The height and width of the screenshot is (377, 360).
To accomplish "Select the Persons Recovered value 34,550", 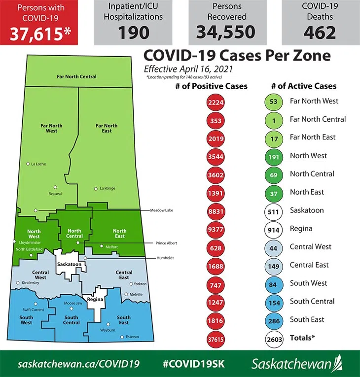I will pyautogui.click(x=226, y=32).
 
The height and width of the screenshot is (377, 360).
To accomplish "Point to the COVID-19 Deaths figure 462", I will pyautogui.click(x=320, y=32).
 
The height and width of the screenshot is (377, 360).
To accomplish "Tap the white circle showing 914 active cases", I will pyautogui.click(x=273, y=230).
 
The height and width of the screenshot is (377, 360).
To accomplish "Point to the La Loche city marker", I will pyautogui.click(x=28, y=164).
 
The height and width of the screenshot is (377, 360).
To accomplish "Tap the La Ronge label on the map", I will pyautogui.click(x=108, y=188).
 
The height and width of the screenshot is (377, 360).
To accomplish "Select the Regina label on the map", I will pyautogui.click(x=94, y=299).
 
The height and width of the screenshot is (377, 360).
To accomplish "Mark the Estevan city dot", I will pyautogui.click(x=122, y=337).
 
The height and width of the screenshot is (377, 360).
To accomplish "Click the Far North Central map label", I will pyautogui.click(x=76, y=77).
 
